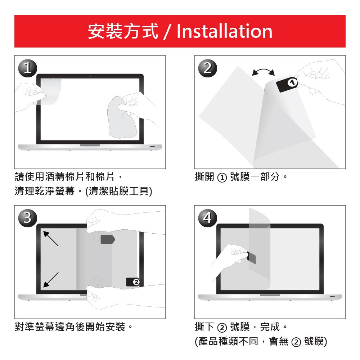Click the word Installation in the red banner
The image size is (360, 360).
[224, 31]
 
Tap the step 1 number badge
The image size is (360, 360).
[28, 68]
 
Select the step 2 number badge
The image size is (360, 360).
[208, 68]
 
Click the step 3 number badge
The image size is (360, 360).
[28, 218]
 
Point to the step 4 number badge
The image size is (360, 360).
[208, 218]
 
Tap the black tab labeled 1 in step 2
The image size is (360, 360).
[287, 84]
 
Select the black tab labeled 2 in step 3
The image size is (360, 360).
[133, 282]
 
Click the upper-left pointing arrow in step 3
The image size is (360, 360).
[51, 239]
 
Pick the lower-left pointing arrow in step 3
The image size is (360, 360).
[51, 280]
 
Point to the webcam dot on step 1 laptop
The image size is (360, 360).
[90, 76]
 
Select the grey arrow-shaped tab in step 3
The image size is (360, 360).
[108, 239]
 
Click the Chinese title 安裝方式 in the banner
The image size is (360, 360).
[123, 31]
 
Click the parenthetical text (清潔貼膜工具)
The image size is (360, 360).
[119, 191]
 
